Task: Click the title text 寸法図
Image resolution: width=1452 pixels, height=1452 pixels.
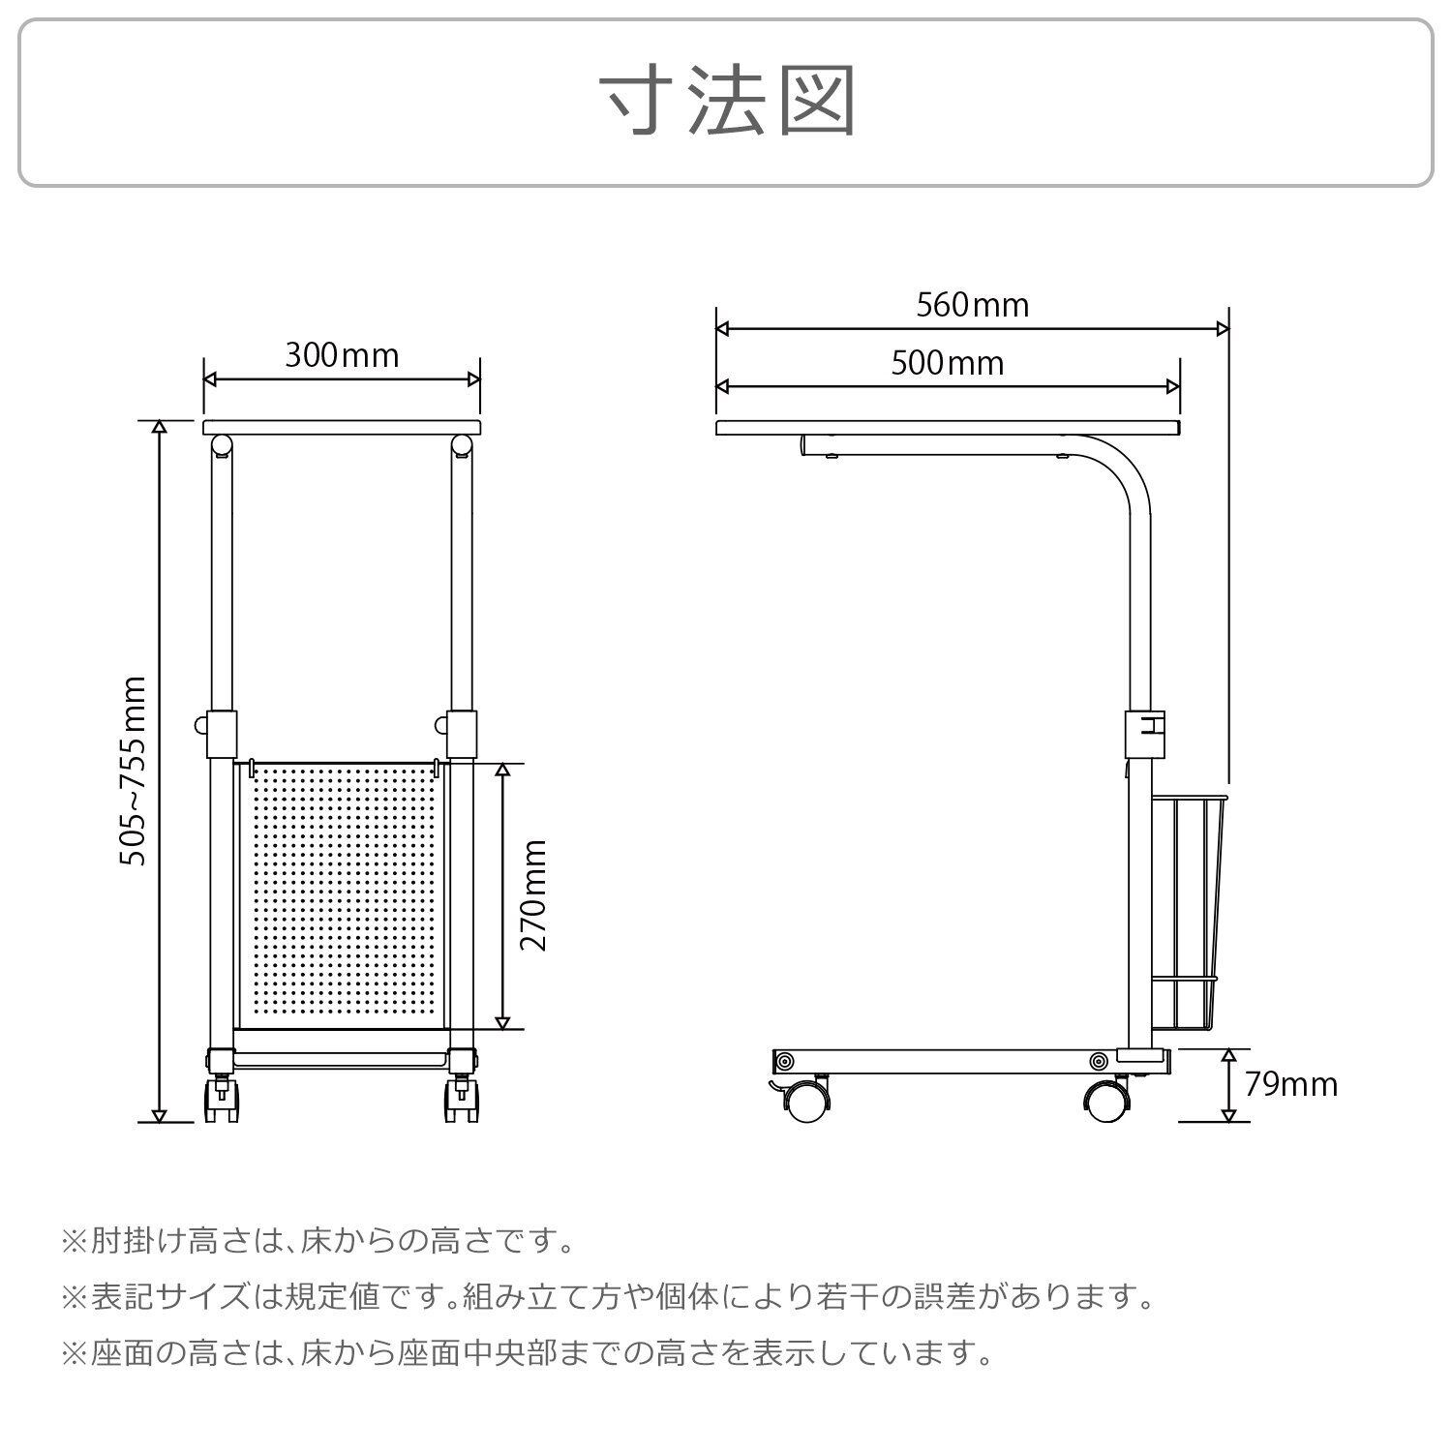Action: pos(727,102)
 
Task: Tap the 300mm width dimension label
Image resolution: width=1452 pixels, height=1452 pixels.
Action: pos(342,355)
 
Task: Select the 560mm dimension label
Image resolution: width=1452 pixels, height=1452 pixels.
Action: pos(972,305)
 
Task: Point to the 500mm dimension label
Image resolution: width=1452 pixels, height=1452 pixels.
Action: pos(947,363)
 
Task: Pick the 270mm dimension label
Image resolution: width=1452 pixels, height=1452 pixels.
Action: pos(533,895)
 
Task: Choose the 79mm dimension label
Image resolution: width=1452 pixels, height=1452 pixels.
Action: pos(1291,1084)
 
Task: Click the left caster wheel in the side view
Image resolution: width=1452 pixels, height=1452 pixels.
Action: pos(807,1099)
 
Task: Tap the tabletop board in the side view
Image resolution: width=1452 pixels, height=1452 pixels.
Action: pos(949,428)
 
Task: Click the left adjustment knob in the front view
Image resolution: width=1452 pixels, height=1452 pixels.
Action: pos(201,724)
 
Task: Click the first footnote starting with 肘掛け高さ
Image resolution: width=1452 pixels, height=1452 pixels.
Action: pos(318,1240)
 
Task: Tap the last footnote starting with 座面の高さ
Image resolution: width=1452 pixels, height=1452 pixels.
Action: pos(528,1352)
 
